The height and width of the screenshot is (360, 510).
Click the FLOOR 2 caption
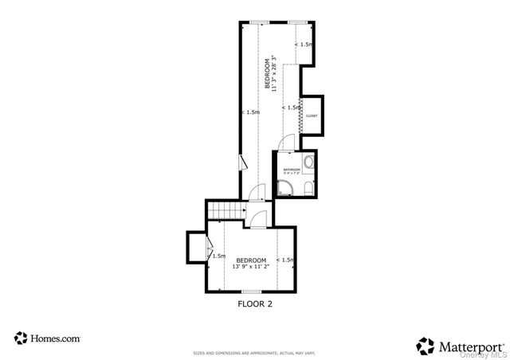click(x=255, y=303)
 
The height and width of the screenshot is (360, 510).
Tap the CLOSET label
click(x=312, y=115)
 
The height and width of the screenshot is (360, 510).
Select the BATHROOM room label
click(x=292, y=169)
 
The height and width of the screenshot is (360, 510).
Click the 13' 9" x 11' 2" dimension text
click(x=250, y=267)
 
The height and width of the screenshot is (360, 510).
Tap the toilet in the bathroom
click(x=308, y=187)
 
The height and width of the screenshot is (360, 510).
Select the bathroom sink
click(x=310, y=162)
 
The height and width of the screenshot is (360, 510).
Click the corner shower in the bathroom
click(x=284, y=188)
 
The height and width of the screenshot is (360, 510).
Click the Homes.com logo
click(x=48, y=338)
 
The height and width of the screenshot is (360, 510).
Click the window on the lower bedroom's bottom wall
click(x=251, y=292)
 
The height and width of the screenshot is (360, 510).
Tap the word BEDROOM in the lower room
click(x=250, y=260)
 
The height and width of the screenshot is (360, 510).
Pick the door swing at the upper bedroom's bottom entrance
click(x=257, y=192)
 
